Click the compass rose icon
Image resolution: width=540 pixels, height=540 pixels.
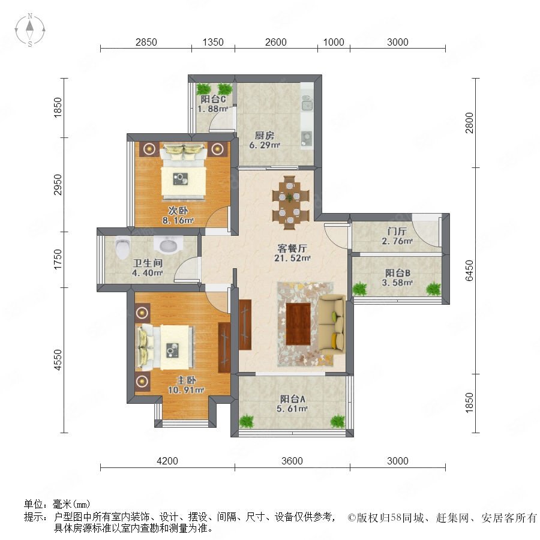(30, 29)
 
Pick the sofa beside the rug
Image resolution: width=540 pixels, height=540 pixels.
(332, 323)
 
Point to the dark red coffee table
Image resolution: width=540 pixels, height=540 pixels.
(298, 324)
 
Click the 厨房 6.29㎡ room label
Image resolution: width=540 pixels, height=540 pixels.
(265, 140)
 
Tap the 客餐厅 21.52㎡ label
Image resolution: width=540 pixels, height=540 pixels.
(292, 253)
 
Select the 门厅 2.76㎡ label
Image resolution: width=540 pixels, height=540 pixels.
(397, 236)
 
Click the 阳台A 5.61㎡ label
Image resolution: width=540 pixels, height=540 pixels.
(292, 404)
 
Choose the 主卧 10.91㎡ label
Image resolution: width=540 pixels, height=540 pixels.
(186, 385)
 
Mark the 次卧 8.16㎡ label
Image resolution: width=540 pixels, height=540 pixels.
(178, 215)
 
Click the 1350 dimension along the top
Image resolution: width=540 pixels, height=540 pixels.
(213, 42)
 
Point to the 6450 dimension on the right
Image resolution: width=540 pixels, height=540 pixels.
(469, 271)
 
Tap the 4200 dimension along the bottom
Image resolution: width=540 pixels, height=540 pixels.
(167, 461)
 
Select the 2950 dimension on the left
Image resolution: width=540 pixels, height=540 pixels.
(58, 185)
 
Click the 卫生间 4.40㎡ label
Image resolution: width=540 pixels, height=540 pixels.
(148, 268)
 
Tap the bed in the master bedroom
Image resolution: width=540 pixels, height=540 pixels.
(166, 347)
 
